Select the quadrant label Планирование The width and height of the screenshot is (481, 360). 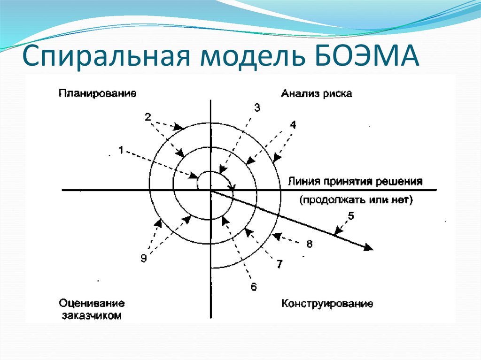tap(98, 93)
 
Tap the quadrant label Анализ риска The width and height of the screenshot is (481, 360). tap(317, 93)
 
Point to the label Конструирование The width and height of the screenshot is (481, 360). tap(327, 304)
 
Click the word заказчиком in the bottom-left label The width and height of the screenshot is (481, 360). tap(91, 315)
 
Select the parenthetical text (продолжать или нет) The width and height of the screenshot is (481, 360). tap(356, 200)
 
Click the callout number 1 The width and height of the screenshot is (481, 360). tap(121, 150)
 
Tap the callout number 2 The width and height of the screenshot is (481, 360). tap(147, 117)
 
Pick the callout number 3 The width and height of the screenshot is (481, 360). tap(257, 107)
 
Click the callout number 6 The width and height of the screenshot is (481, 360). tap(254, 287)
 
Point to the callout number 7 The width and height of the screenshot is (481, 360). tap(279, 265)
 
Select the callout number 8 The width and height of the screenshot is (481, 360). tap(309, 244)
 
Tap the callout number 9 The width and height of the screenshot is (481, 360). tap(144, 258)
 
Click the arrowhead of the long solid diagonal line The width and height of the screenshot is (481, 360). tap(369, 247)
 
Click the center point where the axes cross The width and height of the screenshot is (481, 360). tap(210, 190)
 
